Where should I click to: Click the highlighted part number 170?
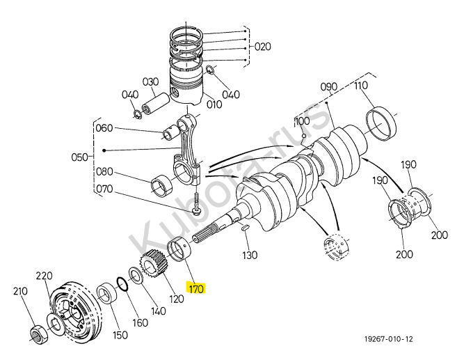pyautogui.click(x=196, y=288)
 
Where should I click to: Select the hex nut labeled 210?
pyautogui.click(x=38, y=335)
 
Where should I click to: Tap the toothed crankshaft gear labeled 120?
pyautogui.click(x=153, y=265)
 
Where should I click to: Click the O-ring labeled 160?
pyautogui.click(x=122, y=284)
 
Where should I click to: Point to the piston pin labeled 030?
pyautogui.click(x=155, y=103)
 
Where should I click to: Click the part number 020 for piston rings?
pyautogui.click(x=263, y=47)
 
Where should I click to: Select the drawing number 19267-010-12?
pyautogui.click(x=389, y=339)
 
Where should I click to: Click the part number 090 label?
pyautogui.click(x=329, y=86)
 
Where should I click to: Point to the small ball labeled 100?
pyautogui.click(x=304, y=136)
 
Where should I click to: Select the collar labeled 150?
pyautogui.click(x=107, y=293)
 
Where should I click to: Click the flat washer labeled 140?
pyautogui.click(x=136, y=275)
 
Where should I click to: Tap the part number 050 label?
pyautogui.click(x=79, y=157)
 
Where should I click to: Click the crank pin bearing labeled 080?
pyautogui.click(x=162, y=185)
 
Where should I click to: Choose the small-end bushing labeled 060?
pyautogui.click(x=170, y=132)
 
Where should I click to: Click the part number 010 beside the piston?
pyautogui.click(x=214, y=104)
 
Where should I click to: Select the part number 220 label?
pyautogui.click(x=45, y=276)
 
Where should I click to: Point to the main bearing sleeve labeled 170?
pyautogui.click(x=179, y=249)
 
